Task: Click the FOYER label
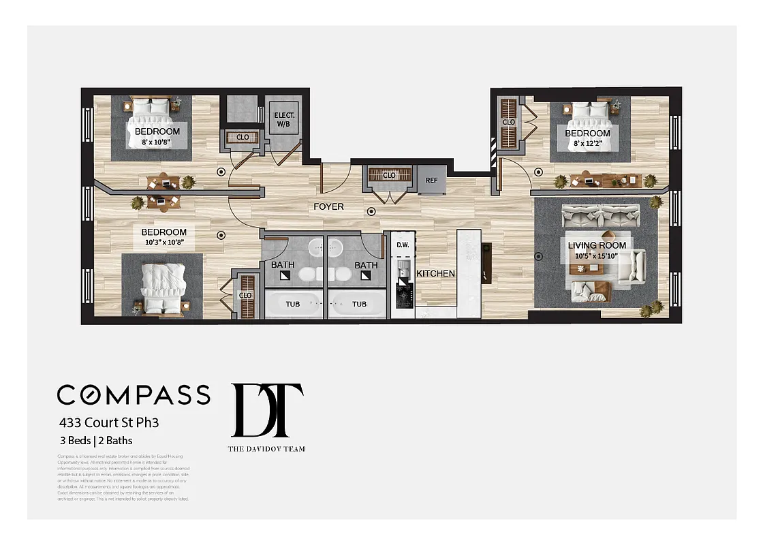pos(328,206)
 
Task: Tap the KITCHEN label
pos(435,273)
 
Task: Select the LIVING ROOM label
pos(597,245)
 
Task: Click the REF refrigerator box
pos(431,181)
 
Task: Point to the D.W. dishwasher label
pos(403,245)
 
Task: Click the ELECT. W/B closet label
pos(283,120)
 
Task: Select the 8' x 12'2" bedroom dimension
pos(587,144)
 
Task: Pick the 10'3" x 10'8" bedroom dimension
pos(163,243)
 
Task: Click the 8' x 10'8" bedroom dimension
pos(157,142)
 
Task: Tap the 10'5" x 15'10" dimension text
pos(597,255)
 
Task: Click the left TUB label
pos(292,304)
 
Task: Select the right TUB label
pos(359,304)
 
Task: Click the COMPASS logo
pos(134,394)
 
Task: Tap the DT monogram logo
pos(266,410)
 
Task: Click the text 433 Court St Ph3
pos(108,422)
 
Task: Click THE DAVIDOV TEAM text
pos(266,448)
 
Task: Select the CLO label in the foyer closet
pos(389,175)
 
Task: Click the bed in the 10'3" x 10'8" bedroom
pos(162,283)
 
